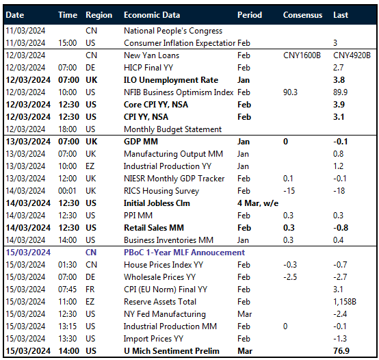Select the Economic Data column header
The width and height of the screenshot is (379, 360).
(152, 14)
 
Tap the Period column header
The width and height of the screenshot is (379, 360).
(249, 14)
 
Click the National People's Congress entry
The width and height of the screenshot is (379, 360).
(172, 31)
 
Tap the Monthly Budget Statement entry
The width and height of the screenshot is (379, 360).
(172, 129)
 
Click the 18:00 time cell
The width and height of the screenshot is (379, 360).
(68, 129)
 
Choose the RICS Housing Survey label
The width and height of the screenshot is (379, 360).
(161, 191)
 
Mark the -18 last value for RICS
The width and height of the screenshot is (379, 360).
(339, 191)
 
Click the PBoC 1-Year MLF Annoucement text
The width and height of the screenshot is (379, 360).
(184, 253)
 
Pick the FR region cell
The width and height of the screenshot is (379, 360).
(91, 290)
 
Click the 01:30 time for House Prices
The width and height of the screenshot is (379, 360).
(68, 265)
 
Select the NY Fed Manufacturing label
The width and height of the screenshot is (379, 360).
(165, 314)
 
